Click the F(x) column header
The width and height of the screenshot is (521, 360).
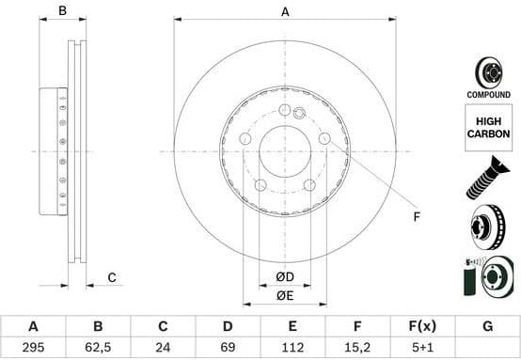[x=421, y=327]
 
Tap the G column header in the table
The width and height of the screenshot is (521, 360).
[x=486, y=327]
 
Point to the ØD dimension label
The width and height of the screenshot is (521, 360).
[x=285, y=276]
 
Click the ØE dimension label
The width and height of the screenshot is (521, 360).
[x=285, y=297]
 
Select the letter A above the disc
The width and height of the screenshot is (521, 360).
[x=285, y=11]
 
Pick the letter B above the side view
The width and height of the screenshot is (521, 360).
[x=63, y=11]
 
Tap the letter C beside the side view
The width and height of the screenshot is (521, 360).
[x=111, y=276]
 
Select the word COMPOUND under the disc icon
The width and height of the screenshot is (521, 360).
[x=488, y=95]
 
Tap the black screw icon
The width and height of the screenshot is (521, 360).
[x=487, y=179]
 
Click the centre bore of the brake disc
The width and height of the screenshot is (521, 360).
[x=285, y=151]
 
